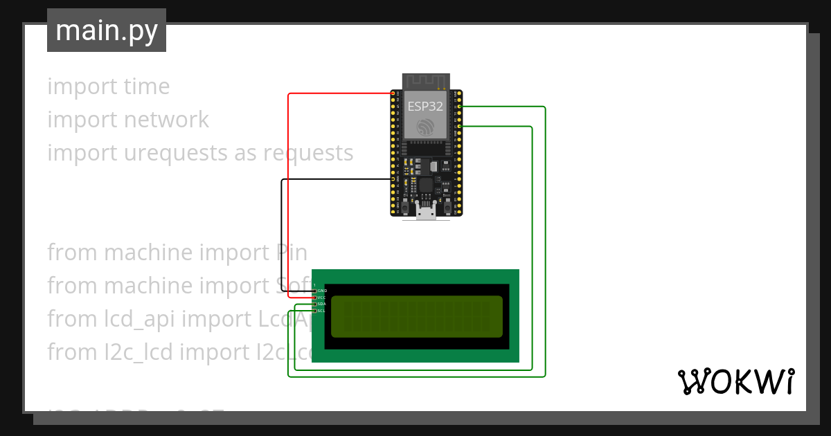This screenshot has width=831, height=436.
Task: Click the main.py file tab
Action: click(106, 30)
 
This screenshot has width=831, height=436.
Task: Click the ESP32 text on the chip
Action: click(425, 106)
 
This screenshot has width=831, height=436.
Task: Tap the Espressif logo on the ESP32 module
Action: click(425, 126)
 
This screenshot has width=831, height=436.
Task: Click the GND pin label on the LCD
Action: click(322, 291)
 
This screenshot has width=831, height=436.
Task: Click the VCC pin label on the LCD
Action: click(322, 298)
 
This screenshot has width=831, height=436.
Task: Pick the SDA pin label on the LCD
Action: click(322, 304)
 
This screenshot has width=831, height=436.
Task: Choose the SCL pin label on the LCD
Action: click(322, 311)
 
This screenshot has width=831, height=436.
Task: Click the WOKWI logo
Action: click(735, 381)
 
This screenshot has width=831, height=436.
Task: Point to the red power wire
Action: click(289, 194)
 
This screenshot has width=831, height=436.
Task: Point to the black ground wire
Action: click(281, 228)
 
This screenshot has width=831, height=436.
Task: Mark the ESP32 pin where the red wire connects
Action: click(393, 93)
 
